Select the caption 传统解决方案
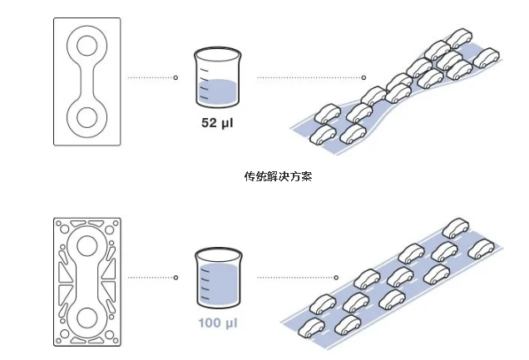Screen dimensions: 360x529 tap(278, 177)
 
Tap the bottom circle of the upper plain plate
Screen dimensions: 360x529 tap(87, 120)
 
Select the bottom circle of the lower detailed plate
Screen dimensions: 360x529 tap(87, 318)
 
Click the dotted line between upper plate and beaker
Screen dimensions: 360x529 tap(151, 78)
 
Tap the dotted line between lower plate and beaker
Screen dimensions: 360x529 tap(151, 278)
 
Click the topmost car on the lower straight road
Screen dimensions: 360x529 tap(454, 227)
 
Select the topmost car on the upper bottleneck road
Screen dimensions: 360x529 tap(459, 37)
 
